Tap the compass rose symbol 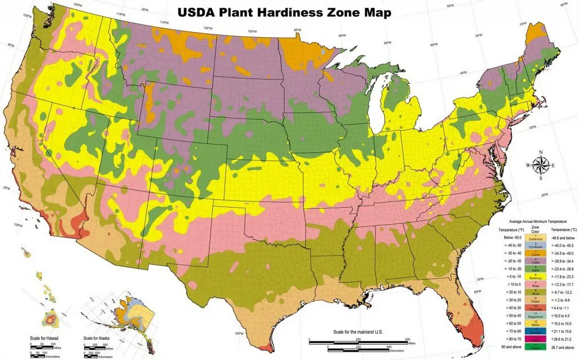(541, 165)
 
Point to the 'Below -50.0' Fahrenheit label (509, 239)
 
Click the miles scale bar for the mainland (358, 340)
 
